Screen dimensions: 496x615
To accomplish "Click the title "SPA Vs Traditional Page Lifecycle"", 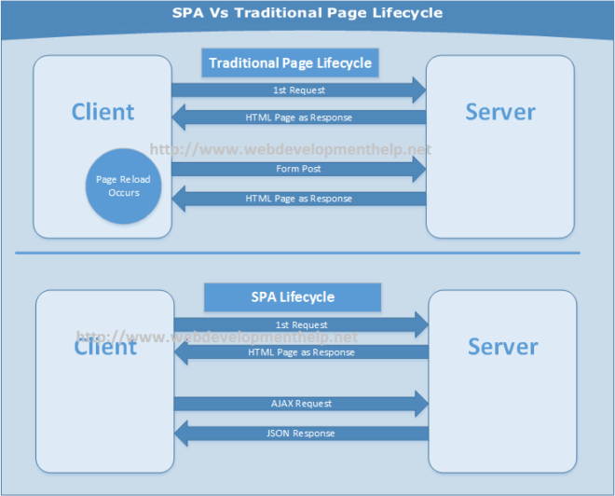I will tap(307, 13).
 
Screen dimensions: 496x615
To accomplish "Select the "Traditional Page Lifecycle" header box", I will tap(290, 63).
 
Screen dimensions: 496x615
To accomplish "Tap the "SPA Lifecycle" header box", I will tap(293, 297).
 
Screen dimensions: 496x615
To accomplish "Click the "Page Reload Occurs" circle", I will tap(124, 186).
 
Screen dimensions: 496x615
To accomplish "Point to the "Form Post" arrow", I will tap(298, 169).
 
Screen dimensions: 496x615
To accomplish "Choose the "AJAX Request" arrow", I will tap(301, 404).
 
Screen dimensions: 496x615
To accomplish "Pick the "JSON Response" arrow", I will tap(301, 434).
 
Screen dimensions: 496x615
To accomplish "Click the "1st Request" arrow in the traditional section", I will tap(298, 90).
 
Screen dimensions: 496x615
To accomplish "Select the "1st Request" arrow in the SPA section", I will tap(301, 324).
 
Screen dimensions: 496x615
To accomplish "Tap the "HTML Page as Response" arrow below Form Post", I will tap(298, 199).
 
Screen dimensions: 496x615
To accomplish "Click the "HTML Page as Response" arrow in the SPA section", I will tap(301, 352).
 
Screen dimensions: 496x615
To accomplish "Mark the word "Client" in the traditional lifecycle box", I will tap(102, 112).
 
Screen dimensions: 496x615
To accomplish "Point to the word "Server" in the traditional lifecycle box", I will tap(500, 112).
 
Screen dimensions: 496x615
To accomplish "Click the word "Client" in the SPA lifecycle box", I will tap(105, 347).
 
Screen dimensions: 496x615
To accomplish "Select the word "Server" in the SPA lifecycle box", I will tap(503, 347).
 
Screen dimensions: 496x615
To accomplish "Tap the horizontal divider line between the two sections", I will tap(297, 253).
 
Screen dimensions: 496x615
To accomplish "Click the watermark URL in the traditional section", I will tap(291, 149).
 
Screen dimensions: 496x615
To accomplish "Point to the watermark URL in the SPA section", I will tap(216, 337).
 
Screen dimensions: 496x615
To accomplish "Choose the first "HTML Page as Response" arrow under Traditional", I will tap(298, 118).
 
